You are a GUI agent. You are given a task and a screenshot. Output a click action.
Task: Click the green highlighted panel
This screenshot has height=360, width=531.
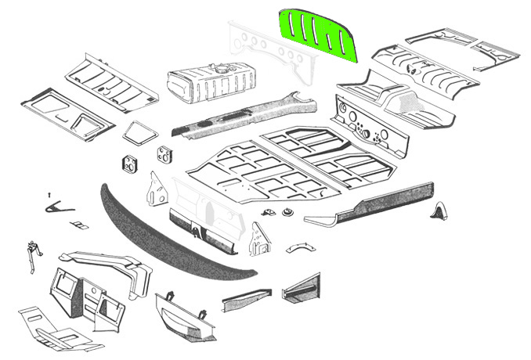[x=318, y=36]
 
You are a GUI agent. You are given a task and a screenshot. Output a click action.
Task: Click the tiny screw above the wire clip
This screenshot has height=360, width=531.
[x=49, y=193]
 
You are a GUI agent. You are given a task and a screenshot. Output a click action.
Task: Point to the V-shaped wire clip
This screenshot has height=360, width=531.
[x=58, y=206]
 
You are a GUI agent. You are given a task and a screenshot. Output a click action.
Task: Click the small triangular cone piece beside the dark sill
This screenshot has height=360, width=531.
[x=440, y=211]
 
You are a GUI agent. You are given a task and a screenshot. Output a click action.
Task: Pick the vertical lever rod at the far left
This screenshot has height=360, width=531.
[x=31, y=254]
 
